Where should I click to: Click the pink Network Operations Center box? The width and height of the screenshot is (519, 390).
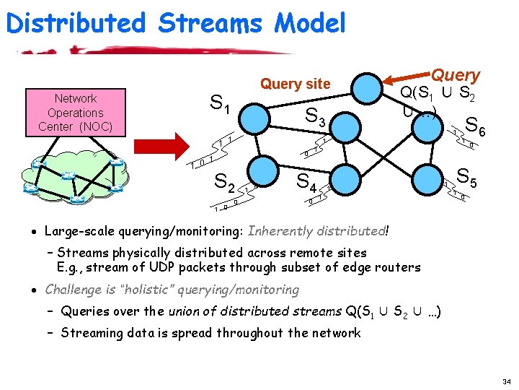75,113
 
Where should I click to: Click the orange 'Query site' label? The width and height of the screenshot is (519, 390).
295,84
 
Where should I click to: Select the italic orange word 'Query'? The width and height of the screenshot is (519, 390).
456,74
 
